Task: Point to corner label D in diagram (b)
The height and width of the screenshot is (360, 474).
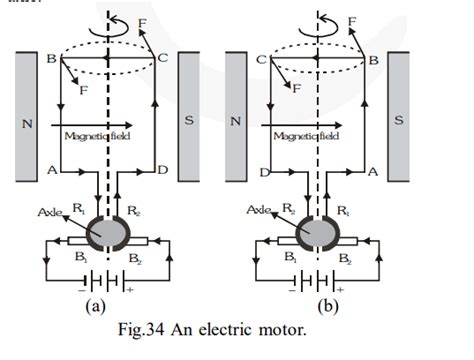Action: click(263, 173)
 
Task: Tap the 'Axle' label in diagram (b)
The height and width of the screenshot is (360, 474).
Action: click(258, 211)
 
